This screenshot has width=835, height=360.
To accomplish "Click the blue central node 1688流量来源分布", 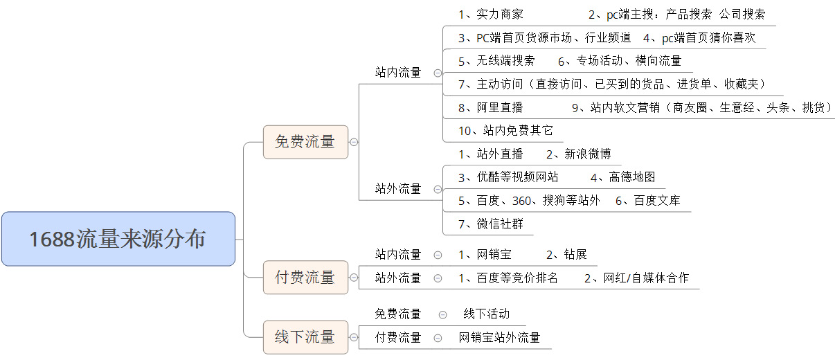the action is point(118,239).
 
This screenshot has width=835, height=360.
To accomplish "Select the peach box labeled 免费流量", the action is point(305,142).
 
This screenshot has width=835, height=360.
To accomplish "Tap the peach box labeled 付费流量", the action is point(305,277).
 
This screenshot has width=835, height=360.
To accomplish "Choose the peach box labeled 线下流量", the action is point(305,337).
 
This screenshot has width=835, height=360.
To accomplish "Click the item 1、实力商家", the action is point(491,15).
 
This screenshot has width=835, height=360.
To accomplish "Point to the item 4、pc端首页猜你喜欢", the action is point(699,38).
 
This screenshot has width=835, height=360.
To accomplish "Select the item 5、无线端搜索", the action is point(496,61).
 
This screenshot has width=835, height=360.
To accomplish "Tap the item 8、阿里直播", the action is point(491,108).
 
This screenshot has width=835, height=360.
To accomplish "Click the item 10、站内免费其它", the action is point(505,131).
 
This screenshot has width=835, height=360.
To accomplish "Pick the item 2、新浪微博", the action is point(579,154).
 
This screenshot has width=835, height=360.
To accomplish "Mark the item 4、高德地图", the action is point(622,177).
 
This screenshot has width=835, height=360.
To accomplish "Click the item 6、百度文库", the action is point(648,201).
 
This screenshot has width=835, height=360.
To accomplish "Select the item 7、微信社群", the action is point(491,224).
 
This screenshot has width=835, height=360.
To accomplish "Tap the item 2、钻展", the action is point(566,255).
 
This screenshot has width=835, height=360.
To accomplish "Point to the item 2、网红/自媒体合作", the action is point(637,278).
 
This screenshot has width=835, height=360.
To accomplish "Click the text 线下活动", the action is point(487,314).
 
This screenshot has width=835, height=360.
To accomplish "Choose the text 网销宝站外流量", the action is point(499,338).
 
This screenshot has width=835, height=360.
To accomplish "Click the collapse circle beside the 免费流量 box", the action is point(354,142).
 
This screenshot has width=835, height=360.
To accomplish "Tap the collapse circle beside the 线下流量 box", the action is point(354,337).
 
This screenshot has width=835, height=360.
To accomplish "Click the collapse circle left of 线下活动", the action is point(443,315).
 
